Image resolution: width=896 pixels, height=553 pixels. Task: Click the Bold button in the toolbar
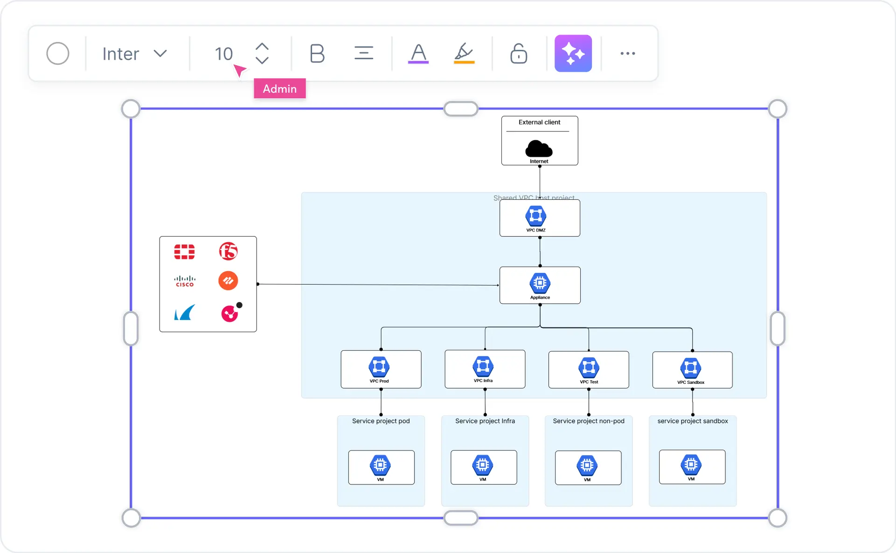(317, 54)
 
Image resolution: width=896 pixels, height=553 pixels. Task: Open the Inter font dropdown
(134, 54)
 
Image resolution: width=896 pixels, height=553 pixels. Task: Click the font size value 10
(223, 54)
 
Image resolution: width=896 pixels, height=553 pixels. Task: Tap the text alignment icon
(363, 53)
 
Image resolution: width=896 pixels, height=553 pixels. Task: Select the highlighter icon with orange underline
(464, 53)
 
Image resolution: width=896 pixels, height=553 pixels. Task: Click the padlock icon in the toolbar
(518, 54)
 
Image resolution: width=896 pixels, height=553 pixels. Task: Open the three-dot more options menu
(627, 54)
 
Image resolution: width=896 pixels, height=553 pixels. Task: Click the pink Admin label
(279, 89)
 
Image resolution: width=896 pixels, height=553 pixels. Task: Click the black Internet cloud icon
(539, 149)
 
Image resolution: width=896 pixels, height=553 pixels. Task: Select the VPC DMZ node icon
(535, 216)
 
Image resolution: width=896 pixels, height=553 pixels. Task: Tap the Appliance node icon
(540, 283)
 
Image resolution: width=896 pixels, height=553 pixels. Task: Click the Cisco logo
(185, 281)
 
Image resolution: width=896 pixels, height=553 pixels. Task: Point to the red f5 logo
(229, 252)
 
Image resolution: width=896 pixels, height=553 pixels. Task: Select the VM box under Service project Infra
(483, 467)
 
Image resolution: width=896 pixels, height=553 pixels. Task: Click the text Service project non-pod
(588, 421)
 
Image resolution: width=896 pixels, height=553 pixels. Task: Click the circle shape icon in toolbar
(58, 54)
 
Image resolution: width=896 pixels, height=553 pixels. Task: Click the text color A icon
(418, 53)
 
